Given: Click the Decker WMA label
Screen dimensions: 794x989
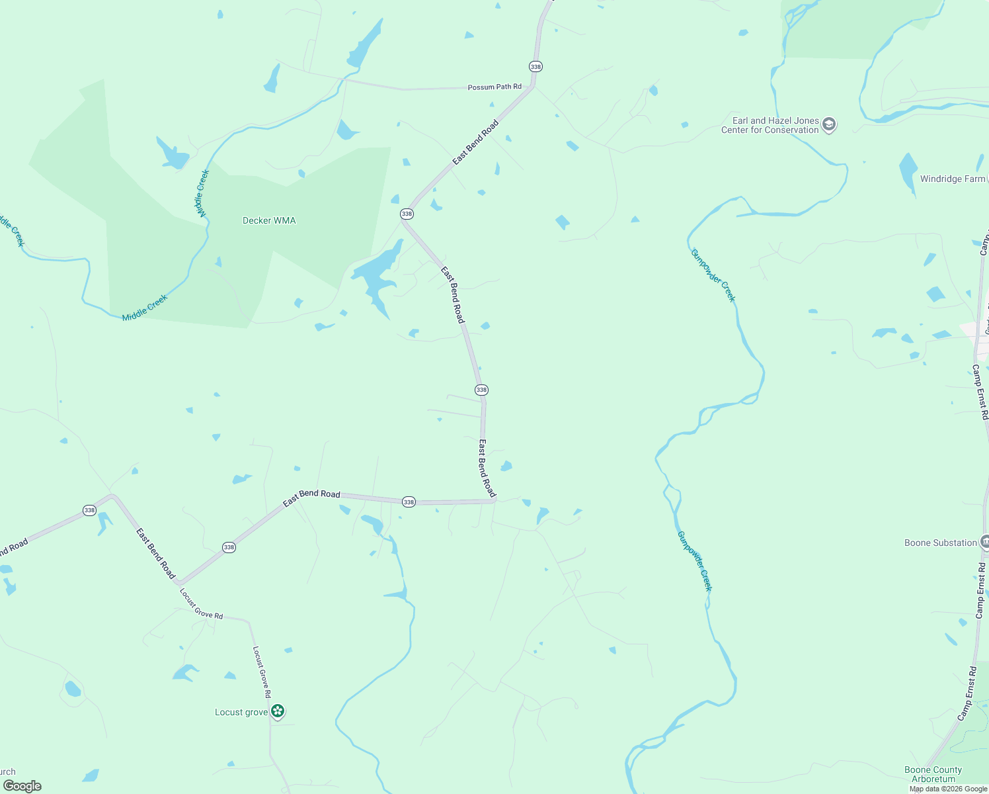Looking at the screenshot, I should [x=269, y=220].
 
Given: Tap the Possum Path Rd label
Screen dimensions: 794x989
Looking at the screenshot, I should [x=494, y=87].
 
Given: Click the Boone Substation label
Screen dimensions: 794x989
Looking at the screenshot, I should [x=940, y=543].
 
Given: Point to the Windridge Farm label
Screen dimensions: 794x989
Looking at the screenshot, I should [x=952, y=179].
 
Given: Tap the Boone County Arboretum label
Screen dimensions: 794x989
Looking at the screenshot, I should [x=933, y=774].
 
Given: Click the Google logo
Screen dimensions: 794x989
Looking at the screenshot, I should [x=22, y=786].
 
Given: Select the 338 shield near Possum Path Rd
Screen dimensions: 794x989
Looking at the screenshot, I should [x=535, y=67].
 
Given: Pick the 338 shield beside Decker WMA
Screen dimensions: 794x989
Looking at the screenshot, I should [x=407, y=214].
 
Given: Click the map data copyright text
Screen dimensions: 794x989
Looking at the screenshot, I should [x=948, y=789].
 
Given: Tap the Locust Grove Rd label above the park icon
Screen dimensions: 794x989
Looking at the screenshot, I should [x=262, y=672].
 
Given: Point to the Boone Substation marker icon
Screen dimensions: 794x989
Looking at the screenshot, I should [x=985, y=542].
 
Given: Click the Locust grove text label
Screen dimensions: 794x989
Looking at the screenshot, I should [x=241, y=712].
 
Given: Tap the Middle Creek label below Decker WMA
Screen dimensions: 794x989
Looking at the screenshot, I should [x=145, y=308].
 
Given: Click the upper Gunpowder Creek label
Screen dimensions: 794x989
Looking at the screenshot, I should [x=713, y=275].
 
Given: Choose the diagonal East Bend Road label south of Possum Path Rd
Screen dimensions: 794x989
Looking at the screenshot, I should [x=475, y=142].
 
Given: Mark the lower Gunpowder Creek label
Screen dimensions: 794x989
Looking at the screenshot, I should [x=695, y=561].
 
